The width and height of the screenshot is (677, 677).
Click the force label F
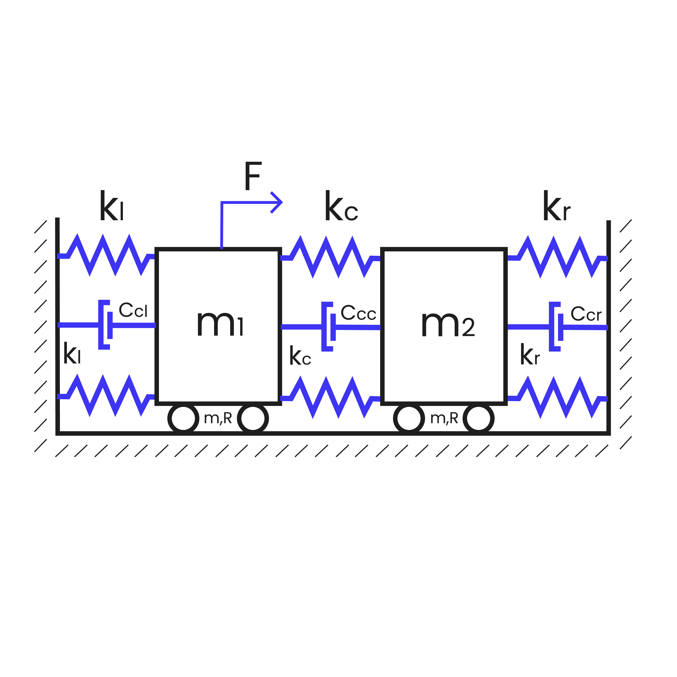point(253,176)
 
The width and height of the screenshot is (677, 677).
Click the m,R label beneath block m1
point(218,418)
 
